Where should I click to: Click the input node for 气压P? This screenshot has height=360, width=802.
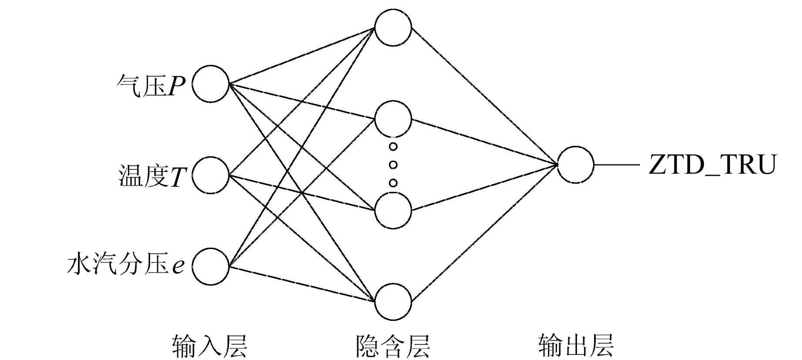tap(211, 84)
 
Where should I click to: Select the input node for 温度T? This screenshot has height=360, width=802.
tap(211, 175)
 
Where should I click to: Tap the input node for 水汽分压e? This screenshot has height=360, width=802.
tap(211, 267)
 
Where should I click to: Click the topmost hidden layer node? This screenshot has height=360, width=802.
tap(393, 28)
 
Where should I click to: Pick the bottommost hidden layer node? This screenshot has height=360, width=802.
tap(393, 302)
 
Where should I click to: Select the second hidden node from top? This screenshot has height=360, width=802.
tap(393, 119)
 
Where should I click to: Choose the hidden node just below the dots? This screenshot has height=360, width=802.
tap(393, 211)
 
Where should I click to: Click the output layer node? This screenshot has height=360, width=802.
tap(576, 165)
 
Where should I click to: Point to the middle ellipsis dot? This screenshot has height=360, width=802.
tap(393, 165)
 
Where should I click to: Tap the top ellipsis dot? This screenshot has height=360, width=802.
tap(393, 147)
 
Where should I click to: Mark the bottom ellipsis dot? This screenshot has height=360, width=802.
tap(393, 183)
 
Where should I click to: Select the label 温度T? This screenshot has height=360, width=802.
tap(152, 177)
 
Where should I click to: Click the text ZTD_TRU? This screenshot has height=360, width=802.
tap(712, 166)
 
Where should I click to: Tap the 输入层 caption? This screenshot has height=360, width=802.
tap(210, 346)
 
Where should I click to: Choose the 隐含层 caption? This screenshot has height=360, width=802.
tap(393, 346)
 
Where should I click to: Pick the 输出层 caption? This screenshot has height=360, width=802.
tap(576, 346)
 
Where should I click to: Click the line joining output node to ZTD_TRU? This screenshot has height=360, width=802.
tap(617, 165)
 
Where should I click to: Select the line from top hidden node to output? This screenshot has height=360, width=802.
tap(484, 96)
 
